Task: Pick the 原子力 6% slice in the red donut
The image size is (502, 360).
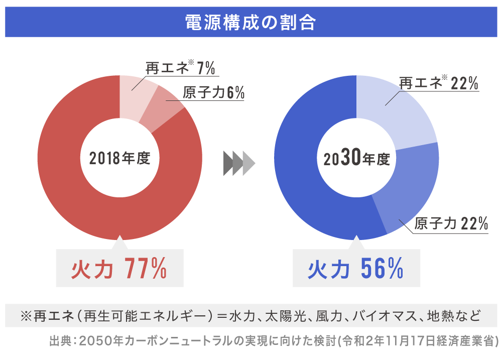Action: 160,108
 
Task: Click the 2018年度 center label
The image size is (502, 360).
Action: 119,158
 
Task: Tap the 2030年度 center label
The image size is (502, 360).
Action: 356,159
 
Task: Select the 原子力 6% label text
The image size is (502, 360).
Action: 213,93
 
